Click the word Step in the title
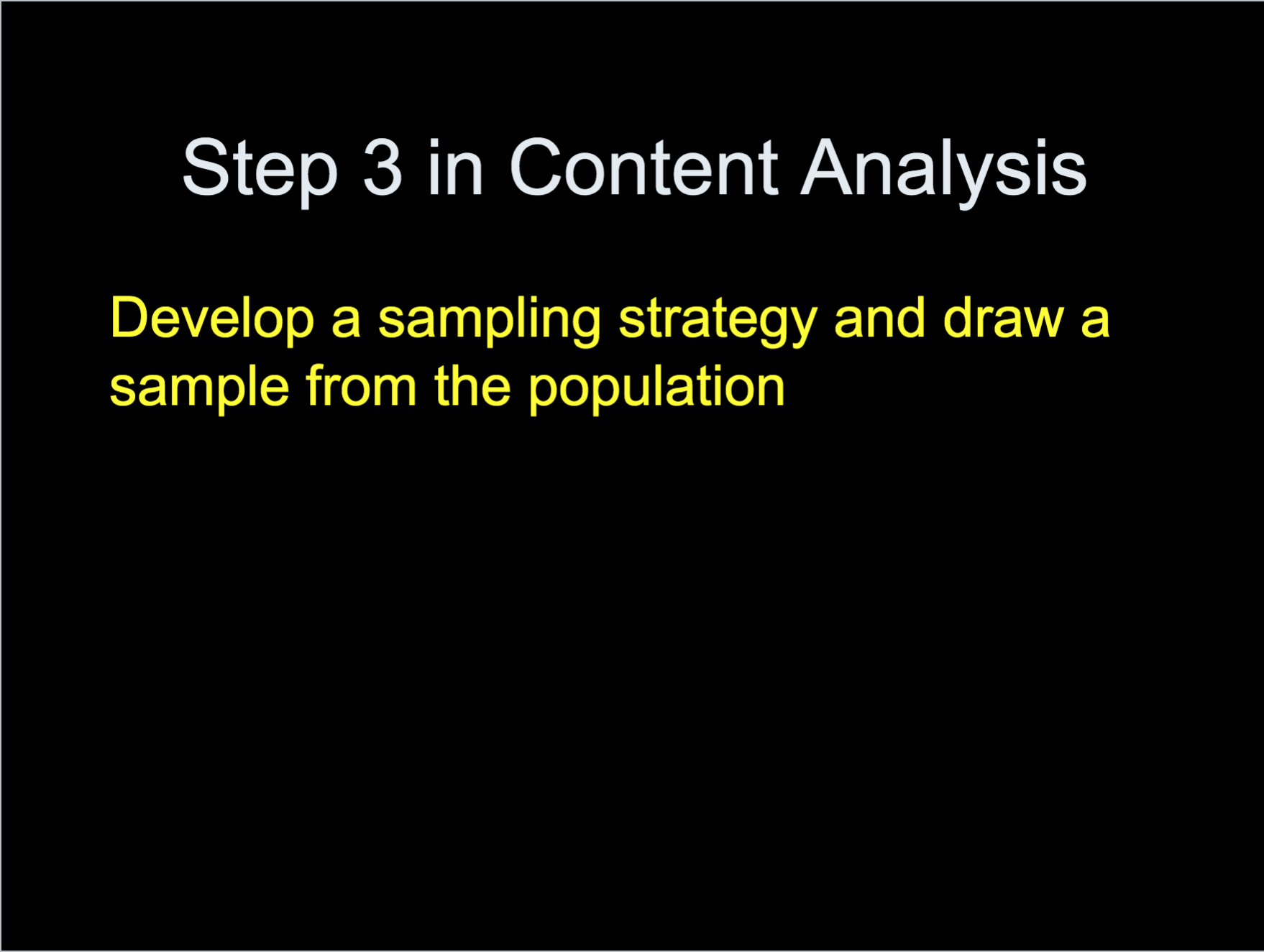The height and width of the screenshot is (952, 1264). [260, 171]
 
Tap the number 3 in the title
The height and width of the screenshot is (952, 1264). [383, 167]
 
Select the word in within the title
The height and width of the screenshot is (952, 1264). [455, 167]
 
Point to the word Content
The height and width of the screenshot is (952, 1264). [644, 167]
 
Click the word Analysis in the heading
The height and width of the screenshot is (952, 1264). [943, 171]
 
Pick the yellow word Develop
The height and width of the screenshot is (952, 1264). [212, 320]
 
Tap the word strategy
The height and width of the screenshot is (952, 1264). [718, 323]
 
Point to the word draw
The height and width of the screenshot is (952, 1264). [1003, 317]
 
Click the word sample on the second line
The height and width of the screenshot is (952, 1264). [199, 389]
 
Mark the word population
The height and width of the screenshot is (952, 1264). [656, 389]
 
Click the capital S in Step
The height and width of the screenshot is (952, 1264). [206, 167]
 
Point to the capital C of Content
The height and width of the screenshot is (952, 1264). [537, 167]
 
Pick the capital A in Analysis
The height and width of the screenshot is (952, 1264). [828, 166]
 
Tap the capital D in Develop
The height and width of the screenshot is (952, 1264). [131, 317]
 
